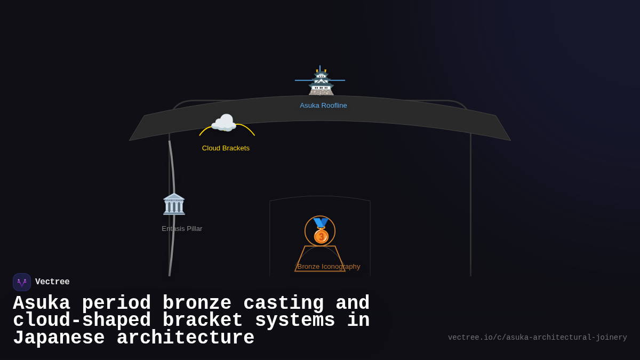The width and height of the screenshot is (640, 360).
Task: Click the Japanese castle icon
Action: (321, 82)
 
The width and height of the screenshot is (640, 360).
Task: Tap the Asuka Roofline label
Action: (323, 106)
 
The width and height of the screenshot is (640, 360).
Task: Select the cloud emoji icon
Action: (224, 123)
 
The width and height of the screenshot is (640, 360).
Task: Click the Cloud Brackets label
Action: (226, 148)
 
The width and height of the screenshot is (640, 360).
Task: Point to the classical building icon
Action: (174, 204)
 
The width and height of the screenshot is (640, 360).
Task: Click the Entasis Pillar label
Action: (182, 229)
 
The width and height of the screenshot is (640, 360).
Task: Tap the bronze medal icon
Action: (321, 231)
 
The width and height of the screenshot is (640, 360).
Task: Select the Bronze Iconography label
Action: (329, 267)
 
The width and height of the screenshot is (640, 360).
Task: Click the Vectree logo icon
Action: (22, 282)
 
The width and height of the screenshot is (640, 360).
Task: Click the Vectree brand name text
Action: (52, 282)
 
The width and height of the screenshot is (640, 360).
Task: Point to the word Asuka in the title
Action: (42, 303)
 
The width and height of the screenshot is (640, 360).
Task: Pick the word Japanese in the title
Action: (59, 338)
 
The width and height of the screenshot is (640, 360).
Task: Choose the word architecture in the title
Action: (186, 338)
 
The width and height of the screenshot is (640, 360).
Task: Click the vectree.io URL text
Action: (537, 338)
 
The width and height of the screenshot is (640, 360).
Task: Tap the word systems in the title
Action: (295, 321)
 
